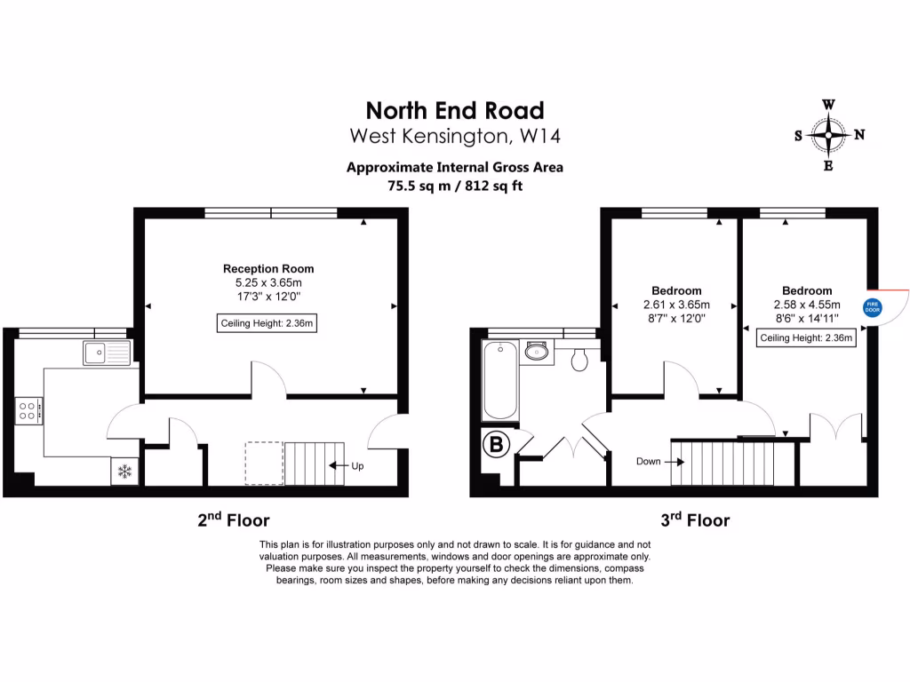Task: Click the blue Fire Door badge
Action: pos(872,308)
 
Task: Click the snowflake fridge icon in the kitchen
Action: pos(124,472)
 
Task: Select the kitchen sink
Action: pos(107,353)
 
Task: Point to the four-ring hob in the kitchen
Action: pos(28,410)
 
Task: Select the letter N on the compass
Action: pos(859,136)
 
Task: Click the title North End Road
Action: pos(455,110)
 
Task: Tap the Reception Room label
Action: pos(268,268)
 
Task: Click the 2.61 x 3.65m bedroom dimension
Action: pos(676,305)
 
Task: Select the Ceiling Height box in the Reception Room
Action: pos(267,323)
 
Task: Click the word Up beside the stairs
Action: pos(357,465)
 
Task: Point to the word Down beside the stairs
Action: pos(649,461)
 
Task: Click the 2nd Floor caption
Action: pos(233,519)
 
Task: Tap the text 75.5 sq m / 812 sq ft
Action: pos(455,186)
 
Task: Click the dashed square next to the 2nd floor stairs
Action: pos(264,463)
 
